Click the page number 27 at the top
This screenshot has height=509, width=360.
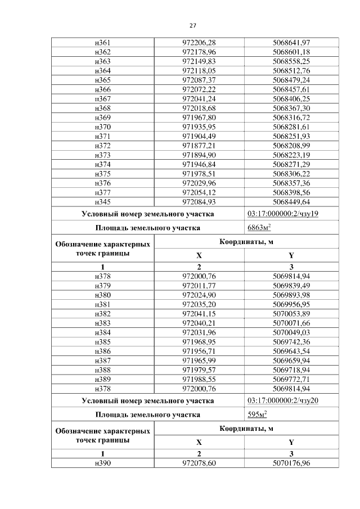(x=192, y=26)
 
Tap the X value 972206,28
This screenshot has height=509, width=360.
(x=199, y=43)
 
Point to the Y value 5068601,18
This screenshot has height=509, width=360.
(x=291, y=52)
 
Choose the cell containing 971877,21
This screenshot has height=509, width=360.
(x=199, y=145)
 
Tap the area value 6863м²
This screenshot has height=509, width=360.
(x=259, y=228)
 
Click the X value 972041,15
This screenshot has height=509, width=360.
(x=199, y=313)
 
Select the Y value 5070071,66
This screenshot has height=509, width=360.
(x=291, y=322)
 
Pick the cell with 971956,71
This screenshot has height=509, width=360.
(x=199, y=350)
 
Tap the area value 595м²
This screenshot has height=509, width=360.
(x=257, y=415)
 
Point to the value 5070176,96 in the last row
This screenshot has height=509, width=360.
(x=291, y=462)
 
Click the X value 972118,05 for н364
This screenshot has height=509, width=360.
(x=199, y=70)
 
